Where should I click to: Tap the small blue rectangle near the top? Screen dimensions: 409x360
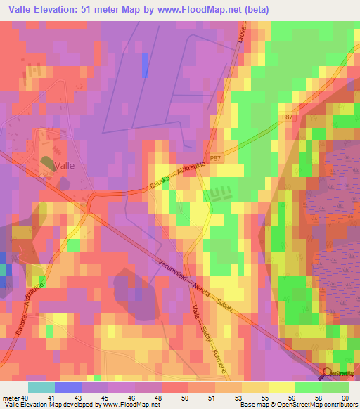point(146,65)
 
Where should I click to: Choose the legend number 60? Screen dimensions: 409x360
point(345,398)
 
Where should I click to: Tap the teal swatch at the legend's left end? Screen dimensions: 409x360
point(41,387)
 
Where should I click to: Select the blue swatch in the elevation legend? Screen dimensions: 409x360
point(67,387)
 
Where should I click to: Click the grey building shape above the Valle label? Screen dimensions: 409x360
point(48,163)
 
